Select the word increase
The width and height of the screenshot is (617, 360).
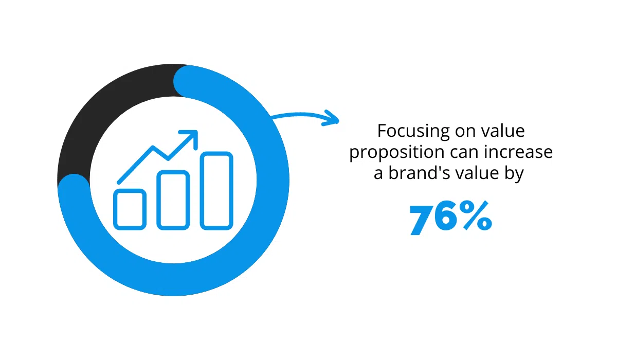[x=518, y=152]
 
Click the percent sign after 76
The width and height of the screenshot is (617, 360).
[x=477, y=215]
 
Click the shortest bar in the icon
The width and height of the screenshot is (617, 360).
[x=130, y=209]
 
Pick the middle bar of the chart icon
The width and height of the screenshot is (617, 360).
[x=173, y=200]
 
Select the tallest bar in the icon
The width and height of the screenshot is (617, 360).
[x=216, y=191]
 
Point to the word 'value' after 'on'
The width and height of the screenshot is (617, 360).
[x=503, y=131]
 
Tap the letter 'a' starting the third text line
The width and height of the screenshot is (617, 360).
[x=378, y=174]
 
